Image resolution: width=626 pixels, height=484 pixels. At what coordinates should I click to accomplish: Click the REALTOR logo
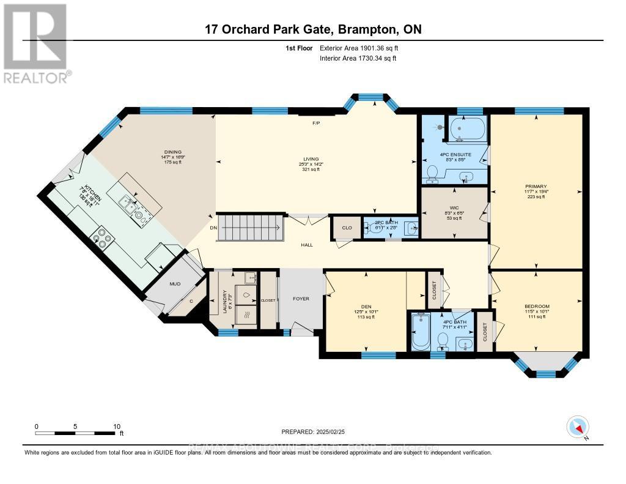click(x=36, y=43)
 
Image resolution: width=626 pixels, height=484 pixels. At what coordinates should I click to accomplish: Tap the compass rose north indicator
click(x=577, y=426)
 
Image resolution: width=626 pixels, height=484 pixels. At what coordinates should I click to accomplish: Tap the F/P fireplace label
click(x=316, y=123)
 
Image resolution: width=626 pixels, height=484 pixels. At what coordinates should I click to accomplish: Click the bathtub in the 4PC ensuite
click(x=468, y=130)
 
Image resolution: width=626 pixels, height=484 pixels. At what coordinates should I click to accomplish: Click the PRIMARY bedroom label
click(x=536, y=187)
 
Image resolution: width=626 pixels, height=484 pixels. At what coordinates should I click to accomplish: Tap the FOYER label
click(x=301, y=299)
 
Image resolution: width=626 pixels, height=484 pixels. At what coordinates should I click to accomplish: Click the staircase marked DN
click(x=252, y=228)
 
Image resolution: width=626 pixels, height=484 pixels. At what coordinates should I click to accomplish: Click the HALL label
click(x=307, y=245)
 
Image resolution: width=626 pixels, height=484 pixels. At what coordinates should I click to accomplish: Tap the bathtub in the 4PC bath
click(x=421, y=332)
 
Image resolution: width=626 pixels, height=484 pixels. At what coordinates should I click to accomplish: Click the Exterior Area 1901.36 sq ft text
click(x=363, y=47)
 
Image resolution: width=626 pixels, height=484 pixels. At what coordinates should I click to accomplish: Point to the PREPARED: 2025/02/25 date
click(x=312, y=431)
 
